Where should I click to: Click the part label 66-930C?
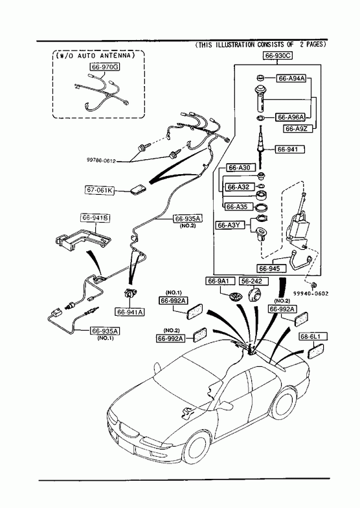(x=277, y=56)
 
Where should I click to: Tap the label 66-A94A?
(x=291, y=78)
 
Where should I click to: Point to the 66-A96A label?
(x=291, y=116)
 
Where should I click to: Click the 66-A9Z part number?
(x=296, y=129)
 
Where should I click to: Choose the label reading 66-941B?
(x=95, y=217)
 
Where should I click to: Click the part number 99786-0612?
(x=101, y=160)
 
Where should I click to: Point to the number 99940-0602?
(x=311, y=294)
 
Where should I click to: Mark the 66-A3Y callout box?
(x=232, y=225)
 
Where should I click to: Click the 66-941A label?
(x=130, y=312)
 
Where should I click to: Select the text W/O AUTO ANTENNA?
(x=95, y=56)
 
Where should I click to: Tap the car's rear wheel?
(x=284, y=404)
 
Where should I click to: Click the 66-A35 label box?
(x=236, y=206)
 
